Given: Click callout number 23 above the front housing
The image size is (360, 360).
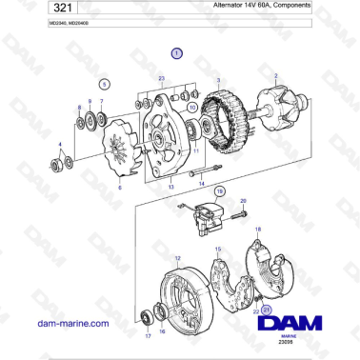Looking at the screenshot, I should pos(162,78).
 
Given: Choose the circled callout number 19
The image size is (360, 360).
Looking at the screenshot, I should pos(220,191).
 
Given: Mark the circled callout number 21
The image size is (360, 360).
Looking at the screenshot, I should pos(268,310).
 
